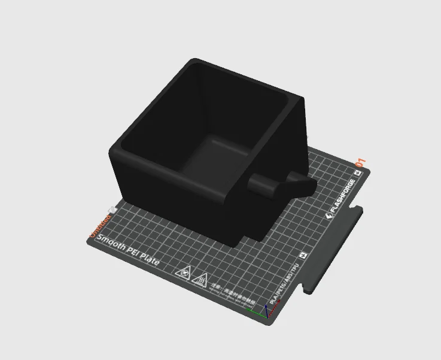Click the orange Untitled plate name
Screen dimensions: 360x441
pos(99,229)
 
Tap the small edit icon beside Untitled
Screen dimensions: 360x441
pos(111,209)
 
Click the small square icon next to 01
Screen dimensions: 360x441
pos(357,173)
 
